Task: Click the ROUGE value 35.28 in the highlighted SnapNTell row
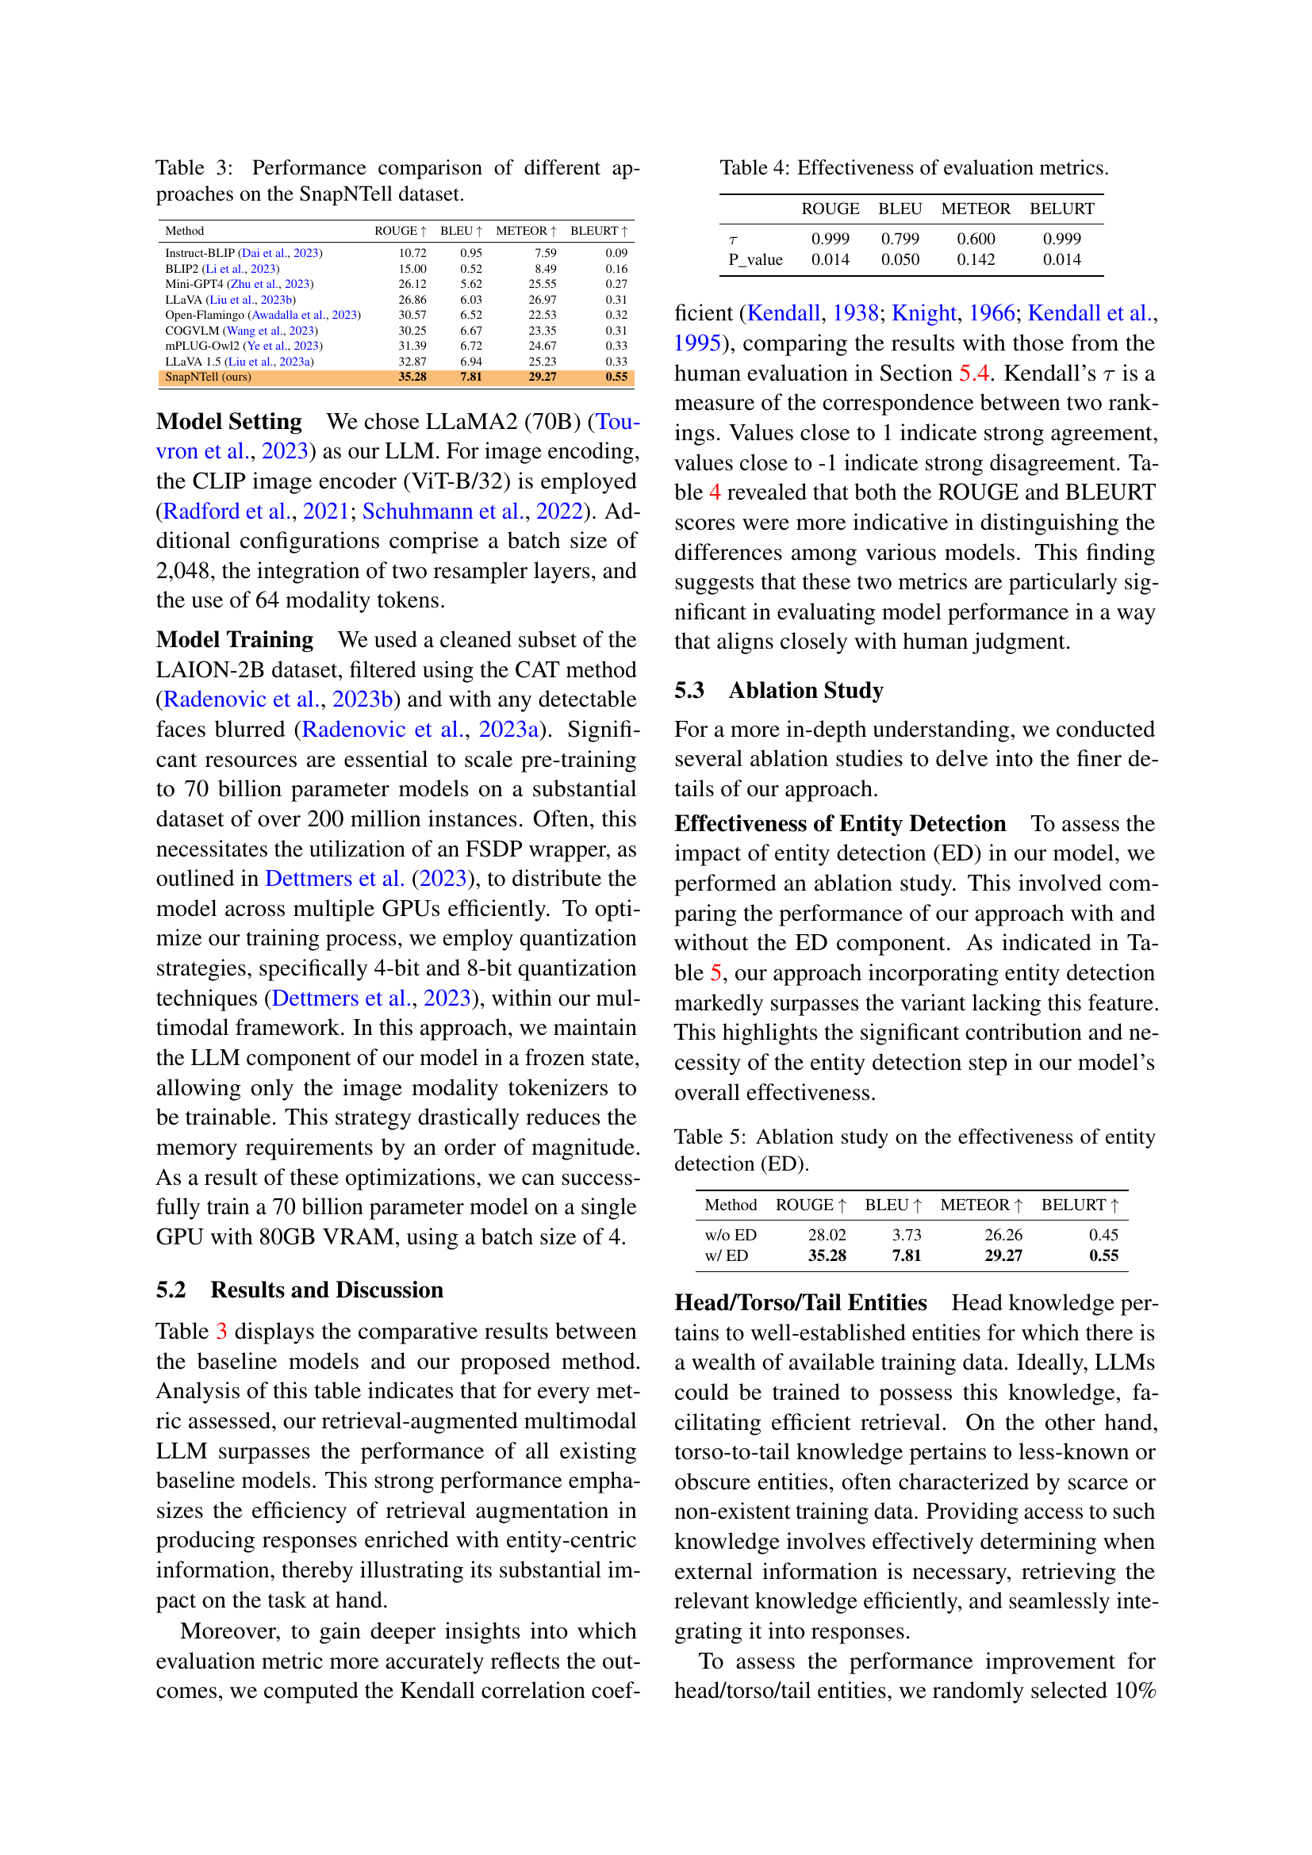click(x=412, y=378)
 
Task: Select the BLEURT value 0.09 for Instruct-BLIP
click(x=616, y=253)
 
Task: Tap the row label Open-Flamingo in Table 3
click(x=205, y=315)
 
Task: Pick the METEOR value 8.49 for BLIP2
click(x=545, y=269)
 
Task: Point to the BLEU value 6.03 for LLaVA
click(x=471, y=300)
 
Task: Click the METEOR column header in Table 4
click(x=975, y=209)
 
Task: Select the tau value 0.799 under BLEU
click(x=900, y=240)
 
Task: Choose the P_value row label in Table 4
click(x=755, y=260)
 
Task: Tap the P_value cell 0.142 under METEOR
click(x=975, y=260)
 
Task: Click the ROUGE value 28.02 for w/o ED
click(x=827, y=1236)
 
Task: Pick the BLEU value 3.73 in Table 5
click(x=907, y=1236)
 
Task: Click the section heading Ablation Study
click(x=805, y=691)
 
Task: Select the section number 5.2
click(x=171, y=1290)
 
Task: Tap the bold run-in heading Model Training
click(x=235, y=640)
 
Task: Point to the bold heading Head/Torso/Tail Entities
click(x=800, y=1303)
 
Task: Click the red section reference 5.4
click(x=973, y=374)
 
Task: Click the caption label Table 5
click(x=709, y=1137)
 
